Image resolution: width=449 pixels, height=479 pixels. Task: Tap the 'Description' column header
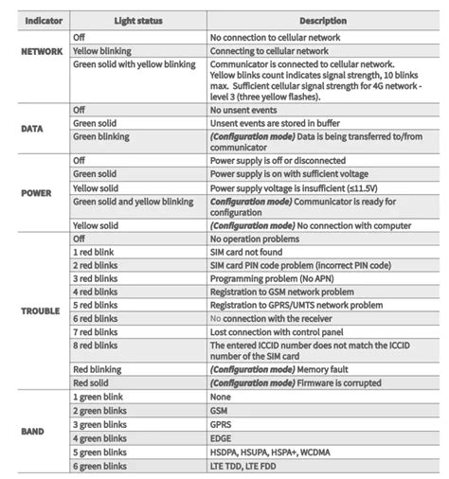pyautogui.click(x=323, y=20)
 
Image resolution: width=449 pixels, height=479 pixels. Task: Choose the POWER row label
pyautogui.click(x=36, y=192)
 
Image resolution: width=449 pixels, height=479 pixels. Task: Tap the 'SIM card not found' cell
pyautogui.click(x=249, y=253)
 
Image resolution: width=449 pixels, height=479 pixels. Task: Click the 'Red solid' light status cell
pyautogui.click(x=96, y=383)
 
